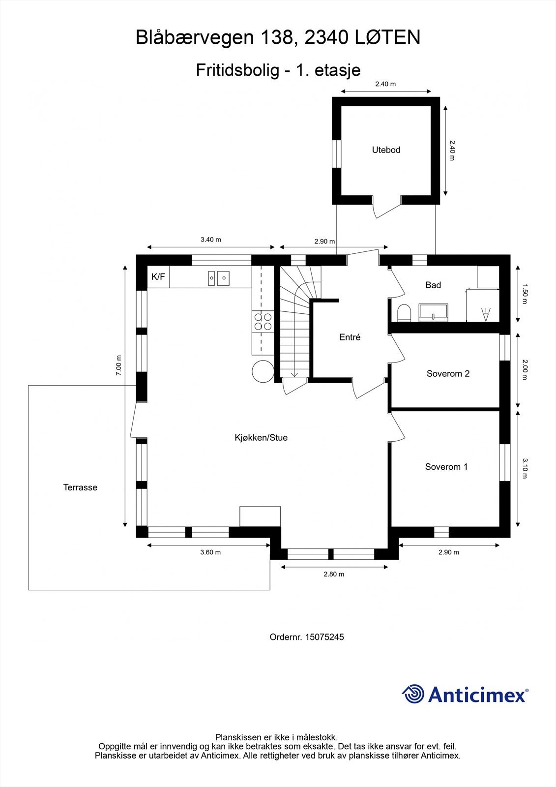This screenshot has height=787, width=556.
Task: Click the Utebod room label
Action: (x=386, y=150)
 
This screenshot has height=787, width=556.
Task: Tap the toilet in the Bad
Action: (x=404, y=313)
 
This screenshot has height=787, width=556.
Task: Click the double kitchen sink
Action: (x=218, y=278)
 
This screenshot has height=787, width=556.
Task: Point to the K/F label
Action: (x=158, y=277)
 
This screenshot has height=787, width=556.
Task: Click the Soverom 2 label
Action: (x=448, y=374)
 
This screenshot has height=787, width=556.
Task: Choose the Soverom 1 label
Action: (x=446, y=467)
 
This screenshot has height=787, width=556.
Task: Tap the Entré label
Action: (x=350, y=337)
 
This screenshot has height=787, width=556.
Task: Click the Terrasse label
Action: (x=80, y=487)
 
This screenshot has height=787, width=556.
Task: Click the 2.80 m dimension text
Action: (x=334, y=574)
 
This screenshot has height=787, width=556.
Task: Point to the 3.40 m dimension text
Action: (x=210, y=240)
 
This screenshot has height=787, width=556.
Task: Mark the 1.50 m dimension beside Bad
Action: (x=525, y=294)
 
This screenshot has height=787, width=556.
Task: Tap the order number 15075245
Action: (x=324, y=637)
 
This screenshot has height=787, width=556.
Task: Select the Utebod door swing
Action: (x=386, y=209)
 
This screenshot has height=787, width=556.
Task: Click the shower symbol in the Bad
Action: (x=486, y=314)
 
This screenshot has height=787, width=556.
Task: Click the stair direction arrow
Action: (x=294, y=374)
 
